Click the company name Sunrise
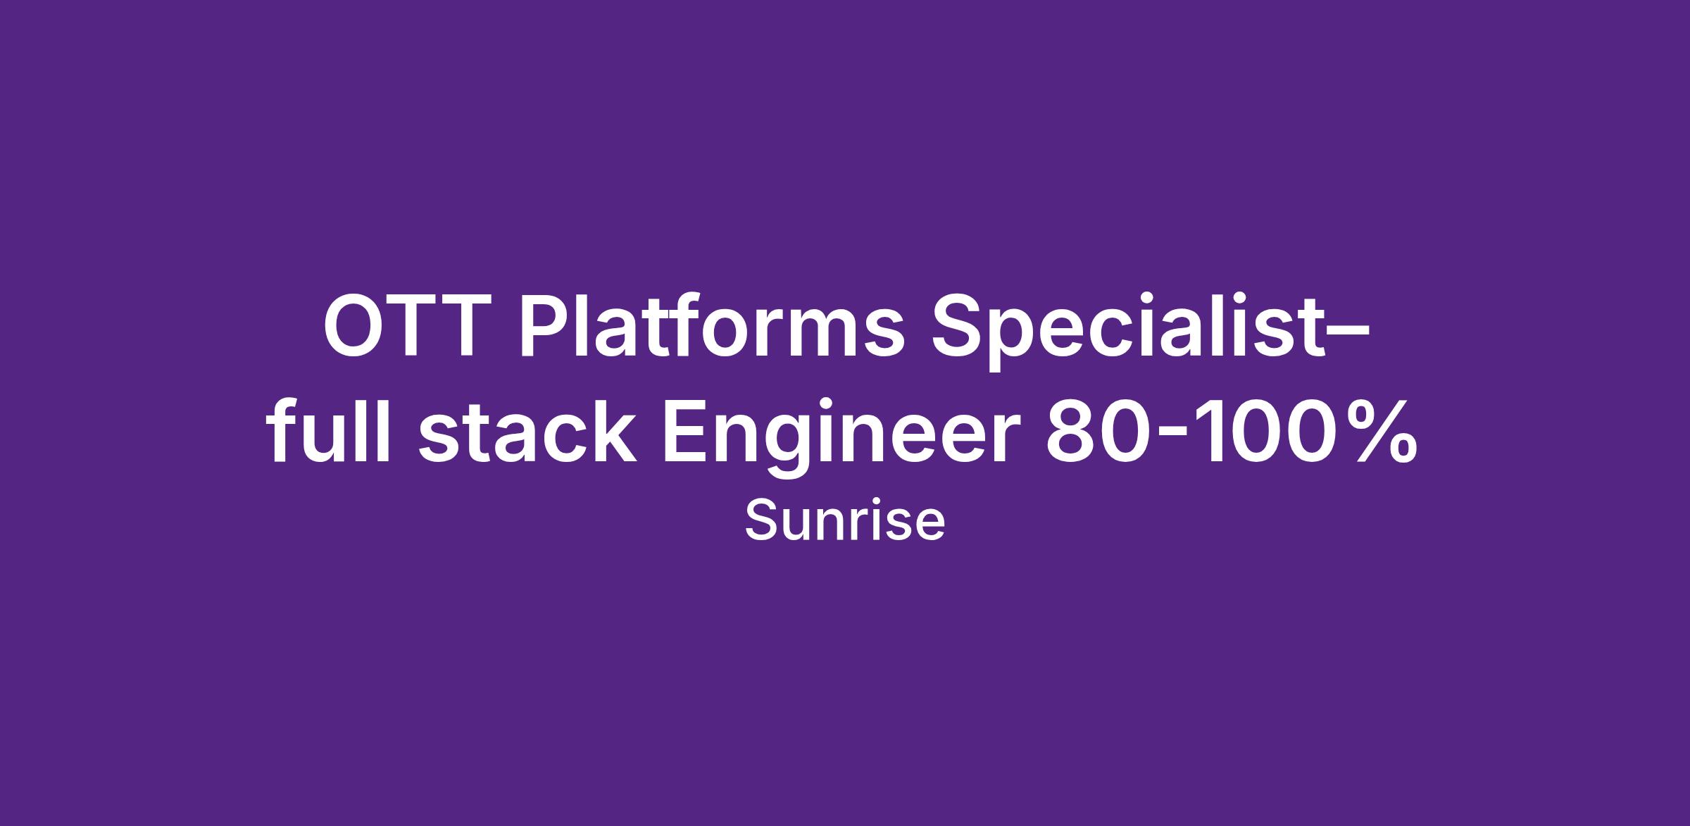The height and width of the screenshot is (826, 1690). [844, 522]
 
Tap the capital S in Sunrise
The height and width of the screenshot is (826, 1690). [759, 522]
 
